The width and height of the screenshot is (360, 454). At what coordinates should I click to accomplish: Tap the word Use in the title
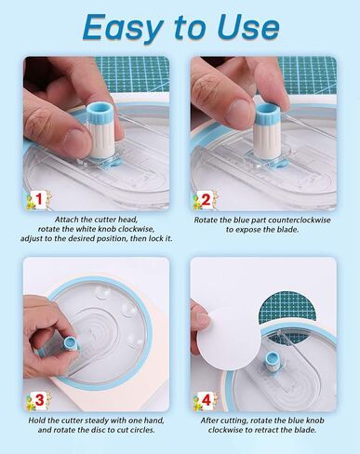(x=248, y=26)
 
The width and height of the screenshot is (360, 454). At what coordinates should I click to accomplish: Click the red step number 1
(x=39, y=199)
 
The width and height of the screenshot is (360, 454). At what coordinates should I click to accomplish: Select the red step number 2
(x=206, y=200)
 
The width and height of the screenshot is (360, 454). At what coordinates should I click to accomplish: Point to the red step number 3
(x=39, y=400)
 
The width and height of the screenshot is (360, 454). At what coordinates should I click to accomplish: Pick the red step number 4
(x=207, y=400)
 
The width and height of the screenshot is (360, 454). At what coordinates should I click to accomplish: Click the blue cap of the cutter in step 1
(x=100, y=113)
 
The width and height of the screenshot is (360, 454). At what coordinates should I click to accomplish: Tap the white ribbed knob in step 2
(x=266, y=136)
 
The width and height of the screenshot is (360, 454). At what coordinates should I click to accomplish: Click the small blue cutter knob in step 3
(x=70, y=343)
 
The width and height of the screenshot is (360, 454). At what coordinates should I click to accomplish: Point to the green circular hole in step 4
(x=287, y=310)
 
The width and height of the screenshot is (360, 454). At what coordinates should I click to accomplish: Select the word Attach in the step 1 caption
(x=67, y=220)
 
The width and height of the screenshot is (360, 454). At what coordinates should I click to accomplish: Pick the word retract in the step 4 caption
(x=278, y=430)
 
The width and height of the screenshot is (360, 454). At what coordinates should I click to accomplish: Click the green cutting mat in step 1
(x=133, y=74)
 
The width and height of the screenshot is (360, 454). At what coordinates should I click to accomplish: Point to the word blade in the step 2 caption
(x=289, y=230)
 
